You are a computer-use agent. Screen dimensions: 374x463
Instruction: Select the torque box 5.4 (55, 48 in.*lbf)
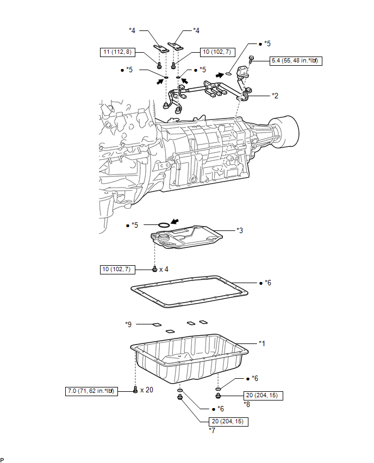tap(296, 61)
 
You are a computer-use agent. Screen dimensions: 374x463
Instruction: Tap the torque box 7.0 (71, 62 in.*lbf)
tap(91, 391)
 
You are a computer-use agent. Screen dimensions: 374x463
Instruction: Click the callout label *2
tap(275, 96)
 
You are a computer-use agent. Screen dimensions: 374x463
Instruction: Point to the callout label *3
tap(240, 230)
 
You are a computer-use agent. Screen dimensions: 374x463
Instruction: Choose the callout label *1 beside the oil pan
tap(262, 343)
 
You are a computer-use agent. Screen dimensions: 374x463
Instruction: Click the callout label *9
tap(128, 324)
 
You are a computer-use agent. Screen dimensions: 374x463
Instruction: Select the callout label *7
tap(212, 430)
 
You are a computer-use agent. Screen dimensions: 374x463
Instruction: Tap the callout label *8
tap(247, 404)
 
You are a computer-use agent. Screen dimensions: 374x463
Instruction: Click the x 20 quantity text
tap(147, 390)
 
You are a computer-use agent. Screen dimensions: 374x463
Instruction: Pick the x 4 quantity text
tap(164, 270)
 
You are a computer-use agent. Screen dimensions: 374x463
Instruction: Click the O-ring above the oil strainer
tap(164, 225)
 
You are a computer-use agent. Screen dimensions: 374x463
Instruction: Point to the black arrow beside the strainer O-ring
tap(175, 221)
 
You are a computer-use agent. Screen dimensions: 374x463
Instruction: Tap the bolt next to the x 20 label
tap(135, 390)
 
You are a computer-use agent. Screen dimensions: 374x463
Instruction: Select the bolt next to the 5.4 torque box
tap(251, 59)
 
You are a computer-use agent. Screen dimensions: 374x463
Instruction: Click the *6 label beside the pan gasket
tap(267, 283)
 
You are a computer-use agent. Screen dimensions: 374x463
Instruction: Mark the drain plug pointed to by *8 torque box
tap(218, 395)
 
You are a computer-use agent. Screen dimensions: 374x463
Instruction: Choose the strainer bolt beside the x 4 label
tap(154, 268)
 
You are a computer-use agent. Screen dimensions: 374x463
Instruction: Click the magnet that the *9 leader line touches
tap(157, 325)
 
